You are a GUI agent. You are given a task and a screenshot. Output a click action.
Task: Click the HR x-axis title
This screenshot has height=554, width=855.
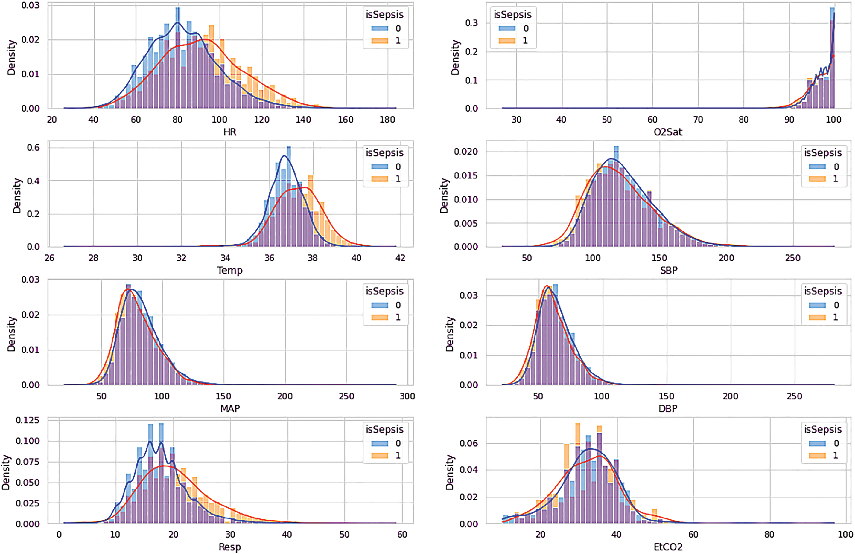(230, 132)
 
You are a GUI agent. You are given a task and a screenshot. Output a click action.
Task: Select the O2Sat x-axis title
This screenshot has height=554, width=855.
(668, 132)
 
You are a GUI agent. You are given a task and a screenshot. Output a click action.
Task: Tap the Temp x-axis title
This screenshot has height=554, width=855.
(230, 270)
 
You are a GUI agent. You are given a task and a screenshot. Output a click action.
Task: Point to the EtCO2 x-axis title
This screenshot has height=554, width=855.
(668, 547)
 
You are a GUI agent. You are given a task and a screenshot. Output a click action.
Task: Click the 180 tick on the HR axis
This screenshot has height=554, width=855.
(387, 120)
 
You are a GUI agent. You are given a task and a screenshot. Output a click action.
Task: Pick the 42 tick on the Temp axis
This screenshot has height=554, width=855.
(400, 258)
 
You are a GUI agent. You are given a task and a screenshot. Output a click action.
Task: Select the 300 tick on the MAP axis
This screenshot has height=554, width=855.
(407, 396)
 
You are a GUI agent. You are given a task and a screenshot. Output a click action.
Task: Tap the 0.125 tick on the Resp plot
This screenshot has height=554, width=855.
(27, 420)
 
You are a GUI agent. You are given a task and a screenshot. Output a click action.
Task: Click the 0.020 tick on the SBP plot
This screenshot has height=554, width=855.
(465, 152)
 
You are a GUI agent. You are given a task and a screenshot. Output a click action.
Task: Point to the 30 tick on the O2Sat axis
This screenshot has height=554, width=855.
(516, 120)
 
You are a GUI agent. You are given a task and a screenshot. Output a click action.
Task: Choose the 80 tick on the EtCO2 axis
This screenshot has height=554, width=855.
(769, 534)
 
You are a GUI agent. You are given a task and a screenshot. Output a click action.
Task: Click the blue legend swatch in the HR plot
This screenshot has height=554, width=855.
(380, 28)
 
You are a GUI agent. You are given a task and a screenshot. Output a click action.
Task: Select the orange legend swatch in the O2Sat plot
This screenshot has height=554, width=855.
(507, 41)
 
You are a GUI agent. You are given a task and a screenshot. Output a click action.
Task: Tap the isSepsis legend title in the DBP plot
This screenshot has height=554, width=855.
(823, 291)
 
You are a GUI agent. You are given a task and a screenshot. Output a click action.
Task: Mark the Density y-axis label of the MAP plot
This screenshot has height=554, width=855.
(11, 334)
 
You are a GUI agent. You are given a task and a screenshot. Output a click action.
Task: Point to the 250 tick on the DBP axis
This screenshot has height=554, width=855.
(794, 396)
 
